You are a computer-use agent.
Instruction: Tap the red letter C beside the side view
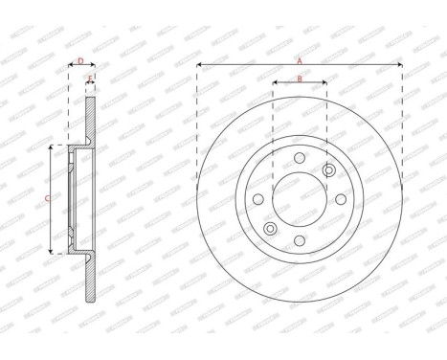tap(48, 199)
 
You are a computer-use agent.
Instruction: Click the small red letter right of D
tap(90, 78)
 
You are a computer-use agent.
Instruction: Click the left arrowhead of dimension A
tap(199, 65)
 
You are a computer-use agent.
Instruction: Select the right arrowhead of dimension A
tap(399, 65)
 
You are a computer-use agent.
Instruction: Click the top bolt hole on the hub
tap(299, 159)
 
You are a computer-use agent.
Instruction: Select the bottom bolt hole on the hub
tap(299, 240)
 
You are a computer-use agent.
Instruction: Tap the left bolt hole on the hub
tap(257, 199)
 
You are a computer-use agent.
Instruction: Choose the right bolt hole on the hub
tap(340, 199)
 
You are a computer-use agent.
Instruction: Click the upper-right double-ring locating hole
tap(328, 170)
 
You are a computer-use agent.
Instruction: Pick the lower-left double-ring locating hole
tap(270, 229)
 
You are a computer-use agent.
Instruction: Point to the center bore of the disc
tap(299, 199)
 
